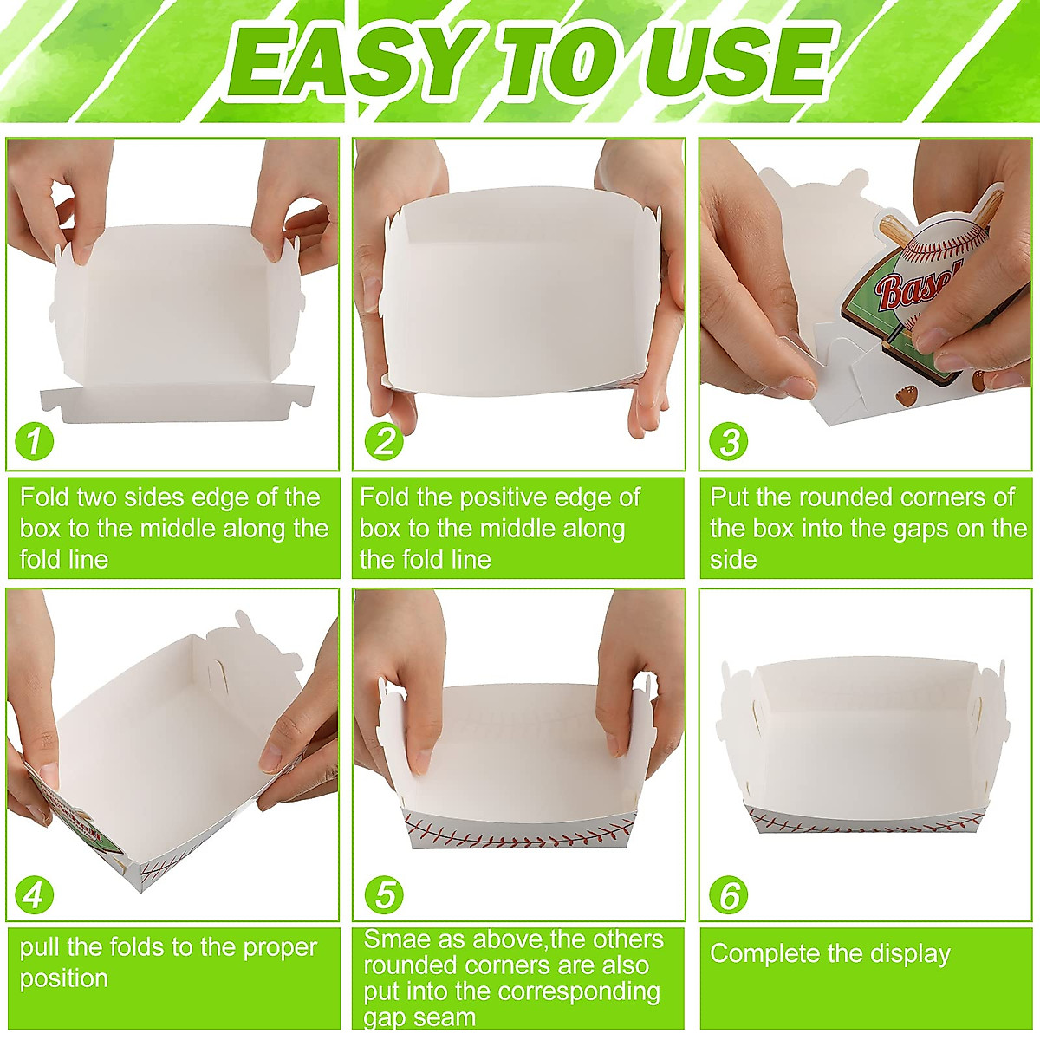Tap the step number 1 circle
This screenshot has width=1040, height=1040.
point(35,441)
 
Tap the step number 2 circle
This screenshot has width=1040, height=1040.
point(384,441)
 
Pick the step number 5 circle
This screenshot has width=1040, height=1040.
point(384,894)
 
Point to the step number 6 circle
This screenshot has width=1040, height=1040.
point(728,894)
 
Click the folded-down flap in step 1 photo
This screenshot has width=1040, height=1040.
point(173,404)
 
